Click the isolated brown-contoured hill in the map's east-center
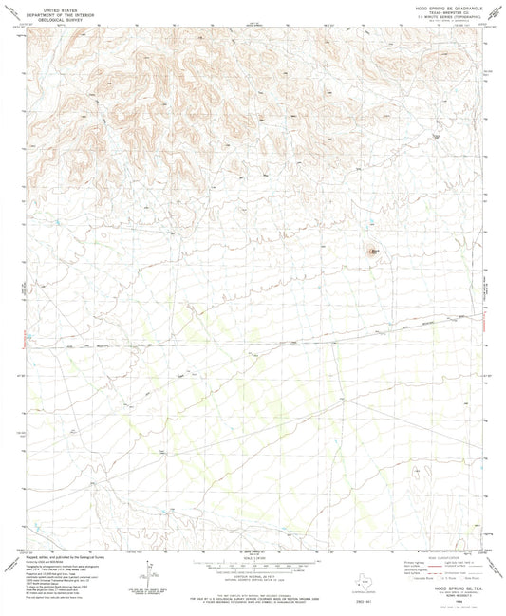pyautogui.click(x=373, y=252)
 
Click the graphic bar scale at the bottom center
pyautogui.click(x=253, y=563)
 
